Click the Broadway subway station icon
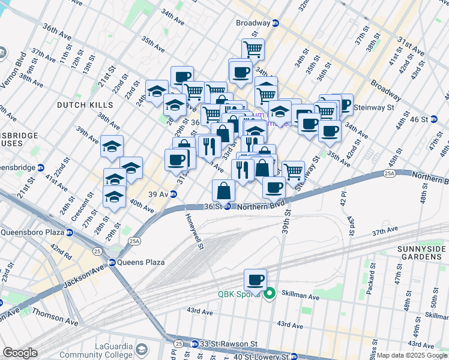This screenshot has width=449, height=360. pos(276,23)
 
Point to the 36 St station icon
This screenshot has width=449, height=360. pos(228,206)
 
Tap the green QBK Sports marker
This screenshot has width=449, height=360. pos(270,293)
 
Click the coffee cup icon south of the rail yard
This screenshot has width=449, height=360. pos(255,280)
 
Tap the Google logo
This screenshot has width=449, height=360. pos(20,352)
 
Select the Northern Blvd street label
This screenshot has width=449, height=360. pos(260,207)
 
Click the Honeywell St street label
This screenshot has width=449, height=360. pos(194,231)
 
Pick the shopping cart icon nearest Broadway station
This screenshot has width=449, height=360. pos(253,49)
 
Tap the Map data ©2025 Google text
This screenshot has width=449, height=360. pos(412,355)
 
